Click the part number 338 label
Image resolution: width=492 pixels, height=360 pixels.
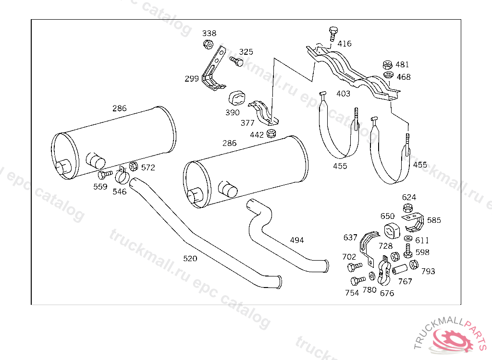pyautogui.click(x=209, y=33)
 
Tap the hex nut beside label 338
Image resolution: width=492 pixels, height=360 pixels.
pyautogui.click(x=208, y=45)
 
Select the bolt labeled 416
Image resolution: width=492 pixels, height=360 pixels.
pyautogui.click(x=333, y=34)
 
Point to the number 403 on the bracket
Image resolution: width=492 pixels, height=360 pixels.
pyautogui.click(x=343, y=94)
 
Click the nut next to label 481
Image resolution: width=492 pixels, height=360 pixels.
pyautogui.click(x=388, y=65)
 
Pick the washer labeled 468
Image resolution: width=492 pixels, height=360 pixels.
pyautogui.click(x=388, y=75)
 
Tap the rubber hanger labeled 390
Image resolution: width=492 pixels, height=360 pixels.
pyautogui.click(x=236, y=99)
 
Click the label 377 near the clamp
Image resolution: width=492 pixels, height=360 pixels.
pyautogui.click(x=247, y=123)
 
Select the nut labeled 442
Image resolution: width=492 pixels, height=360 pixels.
pyautogui.click(x=271, y=133)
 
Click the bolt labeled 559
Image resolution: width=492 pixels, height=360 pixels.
pyautogui.click(x=105, y=174)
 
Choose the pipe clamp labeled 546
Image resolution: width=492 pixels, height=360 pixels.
pyautogui.click(x=122, y=176)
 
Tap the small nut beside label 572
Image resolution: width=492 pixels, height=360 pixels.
pyautogui.click(x=134, y=166)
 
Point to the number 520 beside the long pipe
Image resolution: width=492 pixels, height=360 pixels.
pyautogui.click(x=190, y=258)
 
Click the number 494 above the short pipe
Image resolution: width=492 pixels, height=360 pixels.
pyautogui.click(x=297, y=240)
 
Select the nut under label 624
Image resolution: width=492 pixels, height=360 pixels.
pyautogui.click(x=407, y=208)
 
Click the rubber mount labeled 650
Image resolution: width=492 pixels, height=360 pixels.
pyautogui.click(x=392, y=230)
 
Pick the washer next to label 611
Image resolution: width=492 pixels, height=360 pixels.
pyautogui.click(x=408, y=239)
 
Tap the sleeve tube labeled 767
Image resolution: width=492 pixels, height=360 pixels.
pyautogui.click(x=400, y=269)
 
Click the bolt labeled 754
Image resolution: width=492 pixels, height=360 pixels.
pyautogui.click(x=357, y=280)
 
